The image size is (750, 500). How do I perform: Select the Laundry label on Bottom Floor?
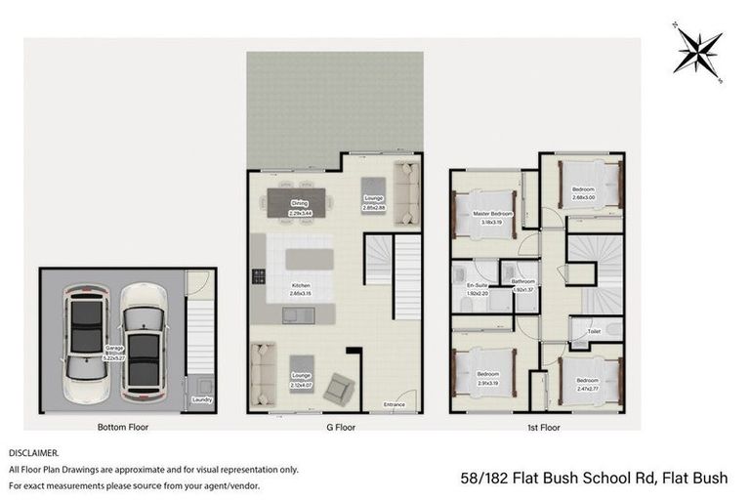[201, 398]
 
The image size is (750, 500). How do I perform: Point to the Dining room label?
[299, 206]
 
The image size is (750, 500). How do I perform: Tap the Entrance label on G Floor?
[395, 403]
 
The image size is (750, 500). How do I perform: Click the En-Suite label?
[476, 288]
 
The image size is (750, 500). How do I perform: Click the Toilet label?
[594, 332]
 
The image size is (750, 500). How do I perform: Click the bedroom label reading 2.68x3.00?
[582, 191]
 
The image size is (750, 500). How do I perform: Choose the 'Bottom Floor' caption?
[123, 427]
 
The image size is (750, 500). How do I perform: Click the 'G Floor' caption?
[335, 427]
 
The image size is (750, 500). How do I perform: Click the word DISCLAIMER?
[34, 453]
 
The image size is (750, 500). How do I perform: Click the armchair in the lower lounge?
[339, 387]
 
